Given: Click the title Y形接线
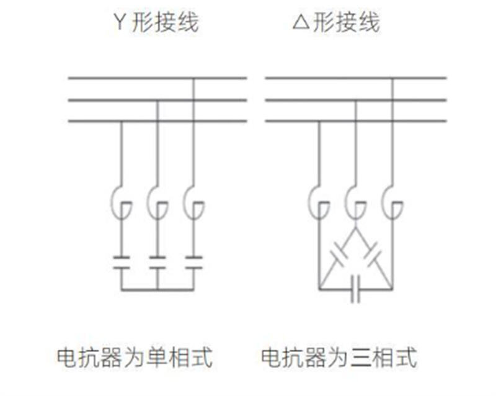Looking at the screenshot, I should coord(156,23).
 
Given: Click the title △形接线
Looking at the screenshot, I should coord(335,23).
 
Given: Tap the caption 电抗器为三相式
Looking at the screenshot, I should coord(339,358).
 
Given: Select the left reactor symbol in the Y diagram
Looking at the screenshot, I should coord(122,203).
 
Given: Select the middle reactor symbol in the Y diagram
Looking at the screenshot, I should coord(157,203).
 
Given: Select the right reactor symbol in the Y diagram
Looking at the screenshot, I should coord(194,203).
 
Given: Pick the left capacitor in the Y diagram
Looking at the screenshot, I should coord(122,261).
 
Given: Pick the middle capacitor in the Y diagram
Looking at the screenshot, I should coord(157,261).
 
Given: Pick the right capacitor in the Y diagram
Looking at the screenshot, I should coord(194,261).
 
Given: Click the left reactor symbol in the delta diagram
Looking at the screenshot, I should coord(319,203).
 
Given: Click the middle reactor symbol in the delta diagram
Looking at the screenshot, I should coord(355,203).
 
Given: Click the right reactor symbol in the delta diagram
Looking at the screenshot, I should coord(392,203).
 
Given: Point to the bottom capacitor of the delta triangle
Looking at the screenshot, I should coord(355,290).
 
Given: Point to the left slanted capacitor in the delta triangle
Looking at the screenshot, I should coord(339,254).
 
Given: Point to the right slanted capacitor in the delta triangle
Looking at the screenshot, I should coord(373,254).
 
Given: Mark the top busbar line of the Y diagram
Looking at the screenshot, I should coord(157,78).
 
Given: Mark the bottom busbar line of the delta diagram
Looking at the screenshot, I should coord(355,120).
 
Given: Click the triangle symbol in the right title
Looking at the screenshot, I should coord(300,24).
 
